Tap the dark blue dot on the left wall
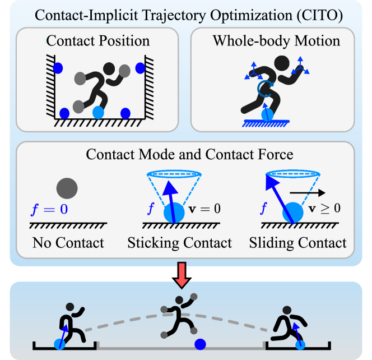point(59,68)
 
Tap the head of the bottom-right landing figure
point(286,312)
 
